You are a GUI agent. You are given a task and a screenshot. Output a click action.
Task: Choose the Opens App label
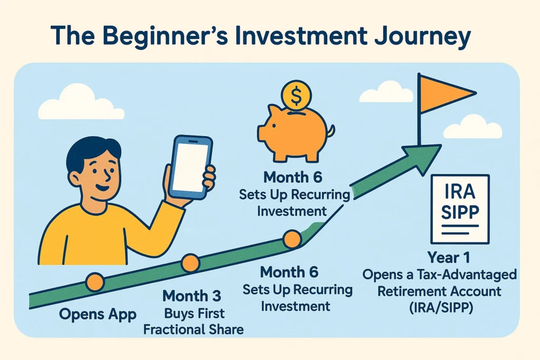98,315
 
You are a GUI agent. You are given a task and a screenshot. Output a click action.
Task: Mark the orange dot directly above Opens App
95,283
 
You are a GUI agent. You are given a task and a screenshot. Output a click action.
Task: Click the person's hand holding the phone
207,177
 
